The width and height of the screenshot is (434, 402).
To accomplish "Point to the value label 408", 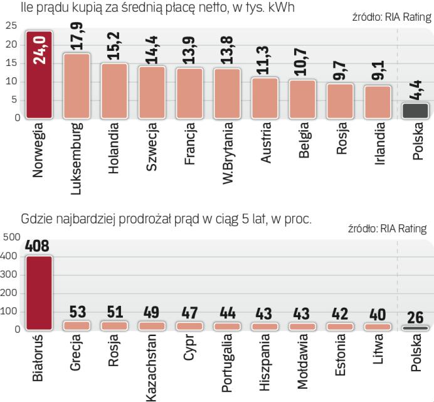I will point(37,247).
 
